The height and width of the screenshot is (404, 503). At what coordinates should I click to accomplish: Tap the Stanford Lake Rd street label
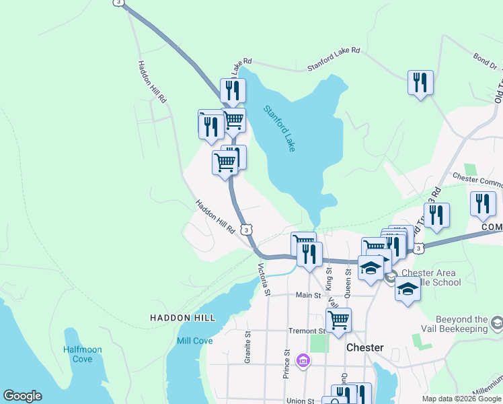point(334,59)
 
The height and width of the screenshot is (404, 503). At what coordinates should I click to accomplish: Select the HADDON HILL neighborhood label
point(182,318)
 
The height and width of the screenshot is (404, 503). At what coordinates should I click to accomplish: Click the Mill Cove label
point(194,341)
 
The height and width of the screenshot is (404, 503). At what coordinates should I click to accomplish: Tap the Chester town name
point(364,348)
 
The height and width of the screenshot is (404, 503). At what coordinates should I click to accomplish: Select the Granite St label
point(248,343)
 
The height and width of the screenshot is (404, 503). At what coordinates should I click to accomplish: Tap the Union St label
point(301,401)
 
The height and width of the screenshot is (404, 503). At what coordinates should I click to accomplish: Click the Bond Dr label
point(484,62)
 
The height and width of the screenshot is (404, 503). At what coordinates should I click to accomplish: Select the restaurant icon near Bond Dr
point(420,83)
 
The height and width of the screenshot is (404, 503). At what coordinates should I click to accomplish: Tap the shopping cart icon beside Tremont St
point(338,320)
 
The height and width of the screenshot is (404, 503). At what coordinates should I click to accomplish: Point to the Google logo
point(22,396)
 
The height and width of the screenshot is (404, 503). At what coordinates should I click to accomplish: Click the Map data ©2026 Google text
point(461,399)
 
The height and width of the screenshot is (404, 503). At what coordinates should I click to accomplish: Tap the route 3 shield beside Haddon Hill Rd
point(247,230)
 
